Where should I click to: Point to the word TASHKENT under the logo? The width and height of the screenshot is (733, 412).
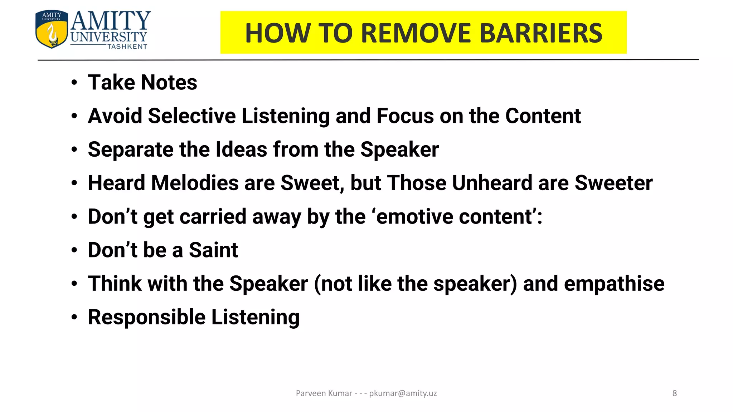coord(127,46)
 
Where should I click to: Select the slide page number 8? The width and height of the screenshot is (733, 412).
coord(674,393)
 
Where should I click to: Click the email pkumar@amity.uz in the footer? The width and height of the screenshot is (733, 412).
coord(403,393)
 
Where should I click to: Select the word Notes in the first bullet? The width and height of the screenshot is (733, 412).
coord(169,83)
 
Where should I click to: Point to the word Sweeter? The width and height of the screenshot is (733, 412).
coord(613,183)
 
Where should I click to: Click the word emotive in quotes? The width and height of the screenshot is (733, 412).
coord(414,217)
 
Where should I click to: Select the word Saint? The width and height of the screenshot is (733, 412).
coord(213,250)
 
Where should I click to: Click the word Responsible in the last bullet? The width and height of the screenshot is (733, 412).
coord(146,317)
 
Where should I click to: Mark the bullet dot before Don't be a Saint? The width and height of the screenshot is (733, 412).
coord(74,250)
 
